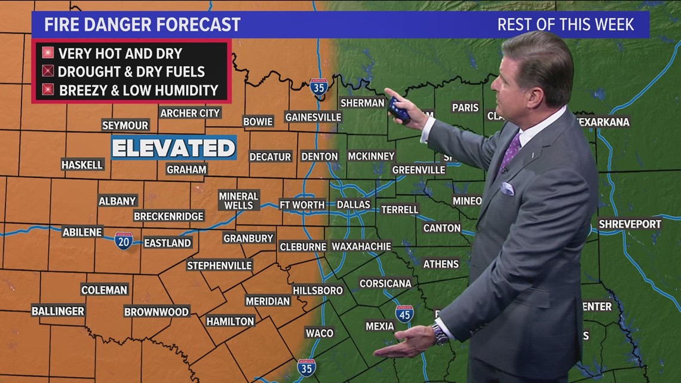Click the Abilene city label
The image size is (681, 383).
(x=82, y=232)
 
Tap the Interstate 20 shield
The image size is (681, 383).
(x=124, y=240)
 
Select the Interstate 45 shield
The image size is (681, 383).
(x=404, y=313)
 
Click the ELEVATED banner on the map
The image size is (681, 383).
(x=174, y=148)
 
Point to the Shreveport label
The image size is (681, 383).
(x=630, y=224)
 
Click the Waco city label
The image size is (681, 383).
(x=320, y=333)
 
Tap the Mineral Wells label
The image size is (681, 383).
(x=238, y=201)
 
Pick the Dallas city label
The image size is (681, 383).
(x=354, y=204)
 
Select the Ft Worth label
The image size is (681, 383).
(x=302, y=204)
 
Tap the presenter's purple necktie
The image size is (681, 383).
(x=511, y=152)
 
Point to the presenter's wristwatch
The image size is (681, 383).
(x=440, y=335)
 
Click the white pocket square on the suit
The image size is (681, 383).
(x=507, y=189)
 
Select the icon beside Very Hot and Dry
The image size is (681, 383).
(x=48, y=53)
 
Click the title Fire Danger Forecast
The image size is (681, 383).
(x=143, y=24)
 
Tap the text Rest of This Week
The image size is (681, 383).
(x=565, y=24)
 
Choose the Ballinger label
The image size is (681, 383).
(x=58, y=311)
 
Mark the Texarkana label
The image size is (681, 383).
(x=604, y=122)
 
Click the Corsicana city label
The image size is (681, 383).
(x=385, y=283)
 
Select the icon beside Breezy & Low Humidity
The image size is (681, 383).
(x=48, y=90)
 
